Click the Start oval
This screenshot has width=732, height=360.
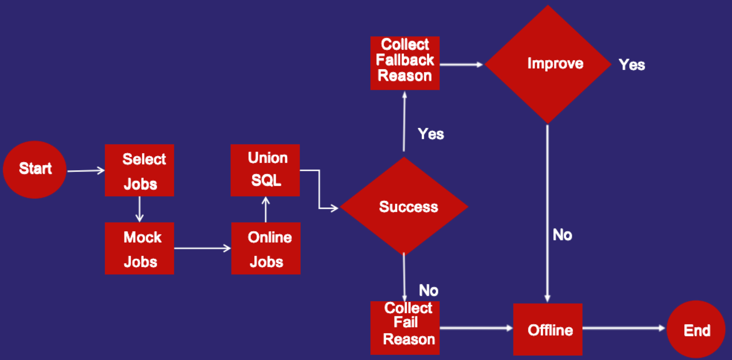35,169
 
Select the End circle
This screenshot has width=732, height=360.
696,330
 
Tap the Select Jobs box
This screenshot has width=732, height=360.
139,170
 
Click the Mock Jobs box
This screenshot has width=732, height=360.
139,248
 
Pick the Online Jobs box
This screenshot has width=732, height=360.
266,248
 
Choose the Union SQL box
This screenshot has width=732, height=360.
265,170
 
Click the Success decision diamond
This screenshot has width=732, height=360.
404,206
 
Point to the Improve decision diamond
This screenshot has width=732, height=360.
548,64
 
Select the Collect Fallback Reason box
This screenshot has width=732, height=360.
405,63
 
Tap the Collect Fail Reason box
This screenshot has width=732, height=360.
405,328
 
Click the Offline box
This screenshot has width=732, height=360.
548,330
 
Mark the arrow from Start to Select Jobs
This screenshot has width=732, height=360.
86,171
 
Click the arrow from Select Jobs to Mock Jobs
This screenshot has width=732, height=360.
139,209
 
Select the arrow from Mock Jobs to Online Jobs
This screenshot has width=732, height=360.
202,248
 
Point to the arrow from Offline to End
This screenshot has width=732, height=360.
624,328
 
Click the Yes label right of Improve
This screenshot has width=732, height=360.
632,65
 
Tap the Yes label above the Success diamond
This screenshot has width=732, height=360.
431,134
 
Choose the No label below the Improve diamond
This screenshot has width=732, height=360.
562,235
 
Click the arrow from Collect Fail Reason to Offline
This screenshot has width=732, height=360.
476,328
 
